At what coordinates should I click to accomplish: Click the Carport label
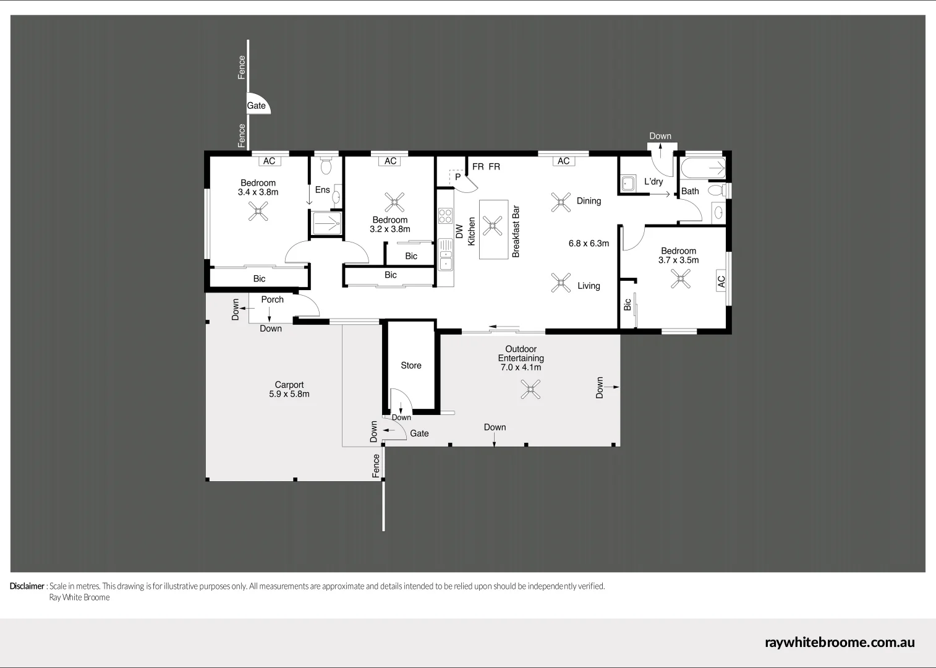[289, 385]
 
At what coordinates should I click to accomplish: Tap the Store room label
[411, 366]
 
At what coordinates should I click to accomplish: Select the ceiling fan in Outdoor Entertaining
[530, 389]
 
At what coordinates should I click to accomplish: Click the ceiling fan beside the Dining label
[561, 202]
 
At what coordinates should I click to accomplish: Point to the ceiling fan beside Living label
[561, 283]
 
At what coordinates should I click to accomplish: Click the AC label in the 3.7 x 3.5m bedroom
[721, 281]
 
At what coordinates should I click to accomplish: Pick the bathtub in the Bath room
[703, 167]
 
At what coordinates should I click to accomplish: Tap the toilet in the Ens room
[326, 166]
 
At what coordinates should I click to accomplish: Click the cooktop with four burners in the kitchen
[445, 215]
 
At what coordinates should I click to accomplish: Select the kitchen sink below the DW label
[445, 255]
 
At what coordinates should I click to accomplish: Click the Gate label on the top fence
[256, 106]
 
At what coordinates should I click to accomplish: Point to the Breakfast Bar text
[516, 231]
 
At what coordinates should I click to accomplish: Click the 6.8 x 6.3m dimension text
[589, 243]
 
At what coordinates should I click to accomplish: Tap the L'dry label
[653, 181]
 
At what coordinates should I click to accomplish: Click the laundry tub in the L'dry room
[628, 184]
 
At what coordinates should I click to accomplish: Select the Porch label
[272, 299]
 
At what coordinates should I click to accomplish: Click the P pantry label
[457, 177]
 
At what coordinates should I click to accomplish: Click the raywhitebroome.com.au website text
[840, 642]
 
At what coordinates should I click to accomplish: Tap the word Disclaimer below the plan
[27, 586]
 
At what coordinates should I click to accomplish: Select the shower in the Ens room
[326, 223]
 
